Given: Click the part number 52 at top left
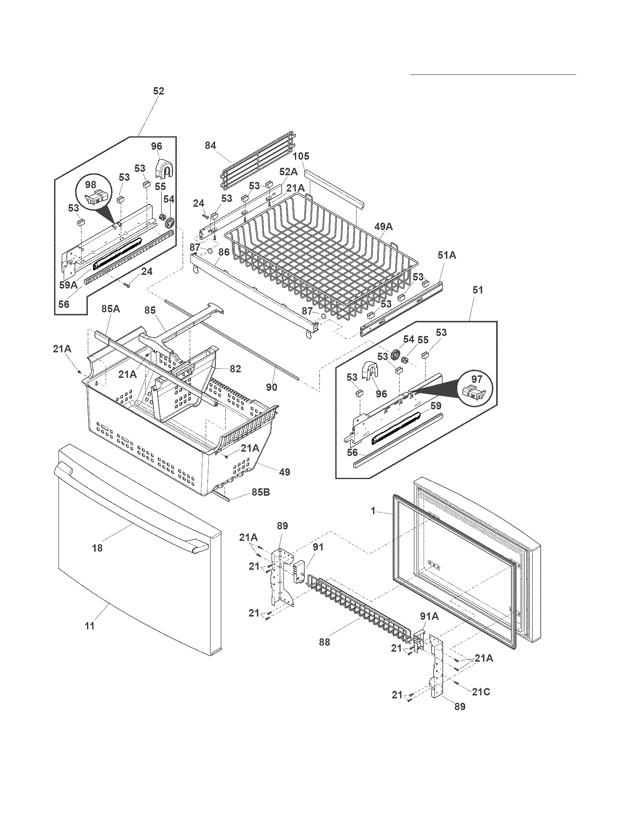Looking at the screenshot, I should tap(159, 91).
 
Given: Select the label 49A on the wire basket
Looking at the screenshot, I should tap(384, 226).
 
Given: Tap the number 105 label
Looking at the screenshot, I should tap(301, 156).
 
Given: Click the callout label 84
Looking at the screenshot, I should tap(210, 146).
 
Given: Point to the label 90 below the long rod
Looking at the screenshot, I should tap(272, 387).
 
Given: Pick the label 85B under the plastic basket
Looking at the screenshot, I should tap(261, 492).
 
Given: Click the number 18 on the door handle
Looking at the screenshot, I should tap(97, 548).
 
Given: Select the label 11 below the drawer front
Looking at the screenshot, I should tap(90, 626).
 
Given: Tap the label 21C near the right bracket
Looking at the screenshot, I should tap(481, 692).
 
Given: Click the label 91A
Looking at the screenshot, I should tap(430, 617).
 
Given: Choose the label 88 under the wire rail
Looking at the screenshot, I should tap(325, 643).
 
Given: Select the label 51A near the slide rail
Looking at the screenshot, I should tap(447, 256).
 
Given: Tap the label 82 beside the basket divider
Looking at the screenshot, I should tap(235, 369).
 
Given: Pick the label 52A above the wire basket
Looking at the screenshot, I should tap(288, 172).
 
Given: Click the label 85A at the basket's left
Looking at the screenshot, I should tap(111, 309).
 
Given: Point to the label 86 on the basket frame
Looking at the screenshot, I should tap(223, 252).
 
